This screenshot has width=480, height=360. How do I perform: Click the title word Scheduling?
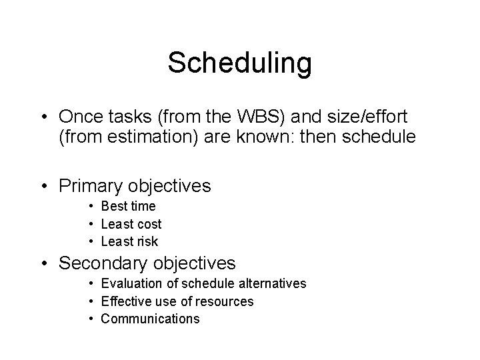(239, 63)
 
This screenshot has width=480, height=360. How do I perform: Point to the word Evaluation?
(132, 284)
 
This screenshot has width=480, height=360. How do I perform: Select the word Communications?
(150, 319)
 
